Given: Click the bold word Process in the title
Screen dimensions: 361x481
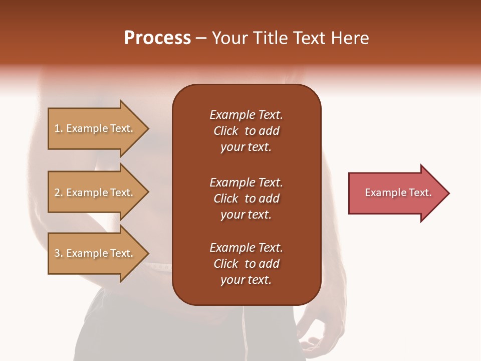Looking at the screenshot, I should pos(157,38).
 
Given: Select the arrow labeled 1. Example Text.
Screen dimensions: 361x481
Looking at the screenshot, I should pos(95,129).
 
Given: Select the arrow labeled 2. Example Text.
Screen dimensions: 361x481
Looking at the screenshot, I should pos(95,193).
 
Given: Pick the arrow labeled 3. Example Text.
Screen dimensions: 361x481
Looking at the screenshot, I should pos(95,253).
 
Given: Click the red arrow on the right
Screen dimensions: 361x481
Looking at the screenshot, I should pos(396,193).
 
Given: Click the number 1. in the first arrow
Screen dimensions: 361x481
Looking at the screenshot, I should pos(59,129).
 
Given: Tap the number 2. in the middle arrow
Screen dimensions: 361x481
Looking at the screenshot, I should pos(59,193).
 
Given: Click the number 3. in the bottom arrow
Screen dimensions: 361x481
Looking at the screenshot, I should pos(59,253).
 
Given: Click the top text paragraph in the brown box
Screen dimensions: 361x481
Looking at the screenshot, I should pos(246,131).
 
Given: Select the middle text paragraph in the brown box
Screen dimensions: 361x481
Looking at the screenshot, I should pos(246,199).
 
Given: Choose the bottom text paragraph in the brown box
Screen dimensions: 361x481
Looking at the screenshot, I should pos(246,264).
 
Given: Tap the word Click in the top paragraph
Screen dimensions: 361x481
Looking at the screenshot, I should pos(225,131).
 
